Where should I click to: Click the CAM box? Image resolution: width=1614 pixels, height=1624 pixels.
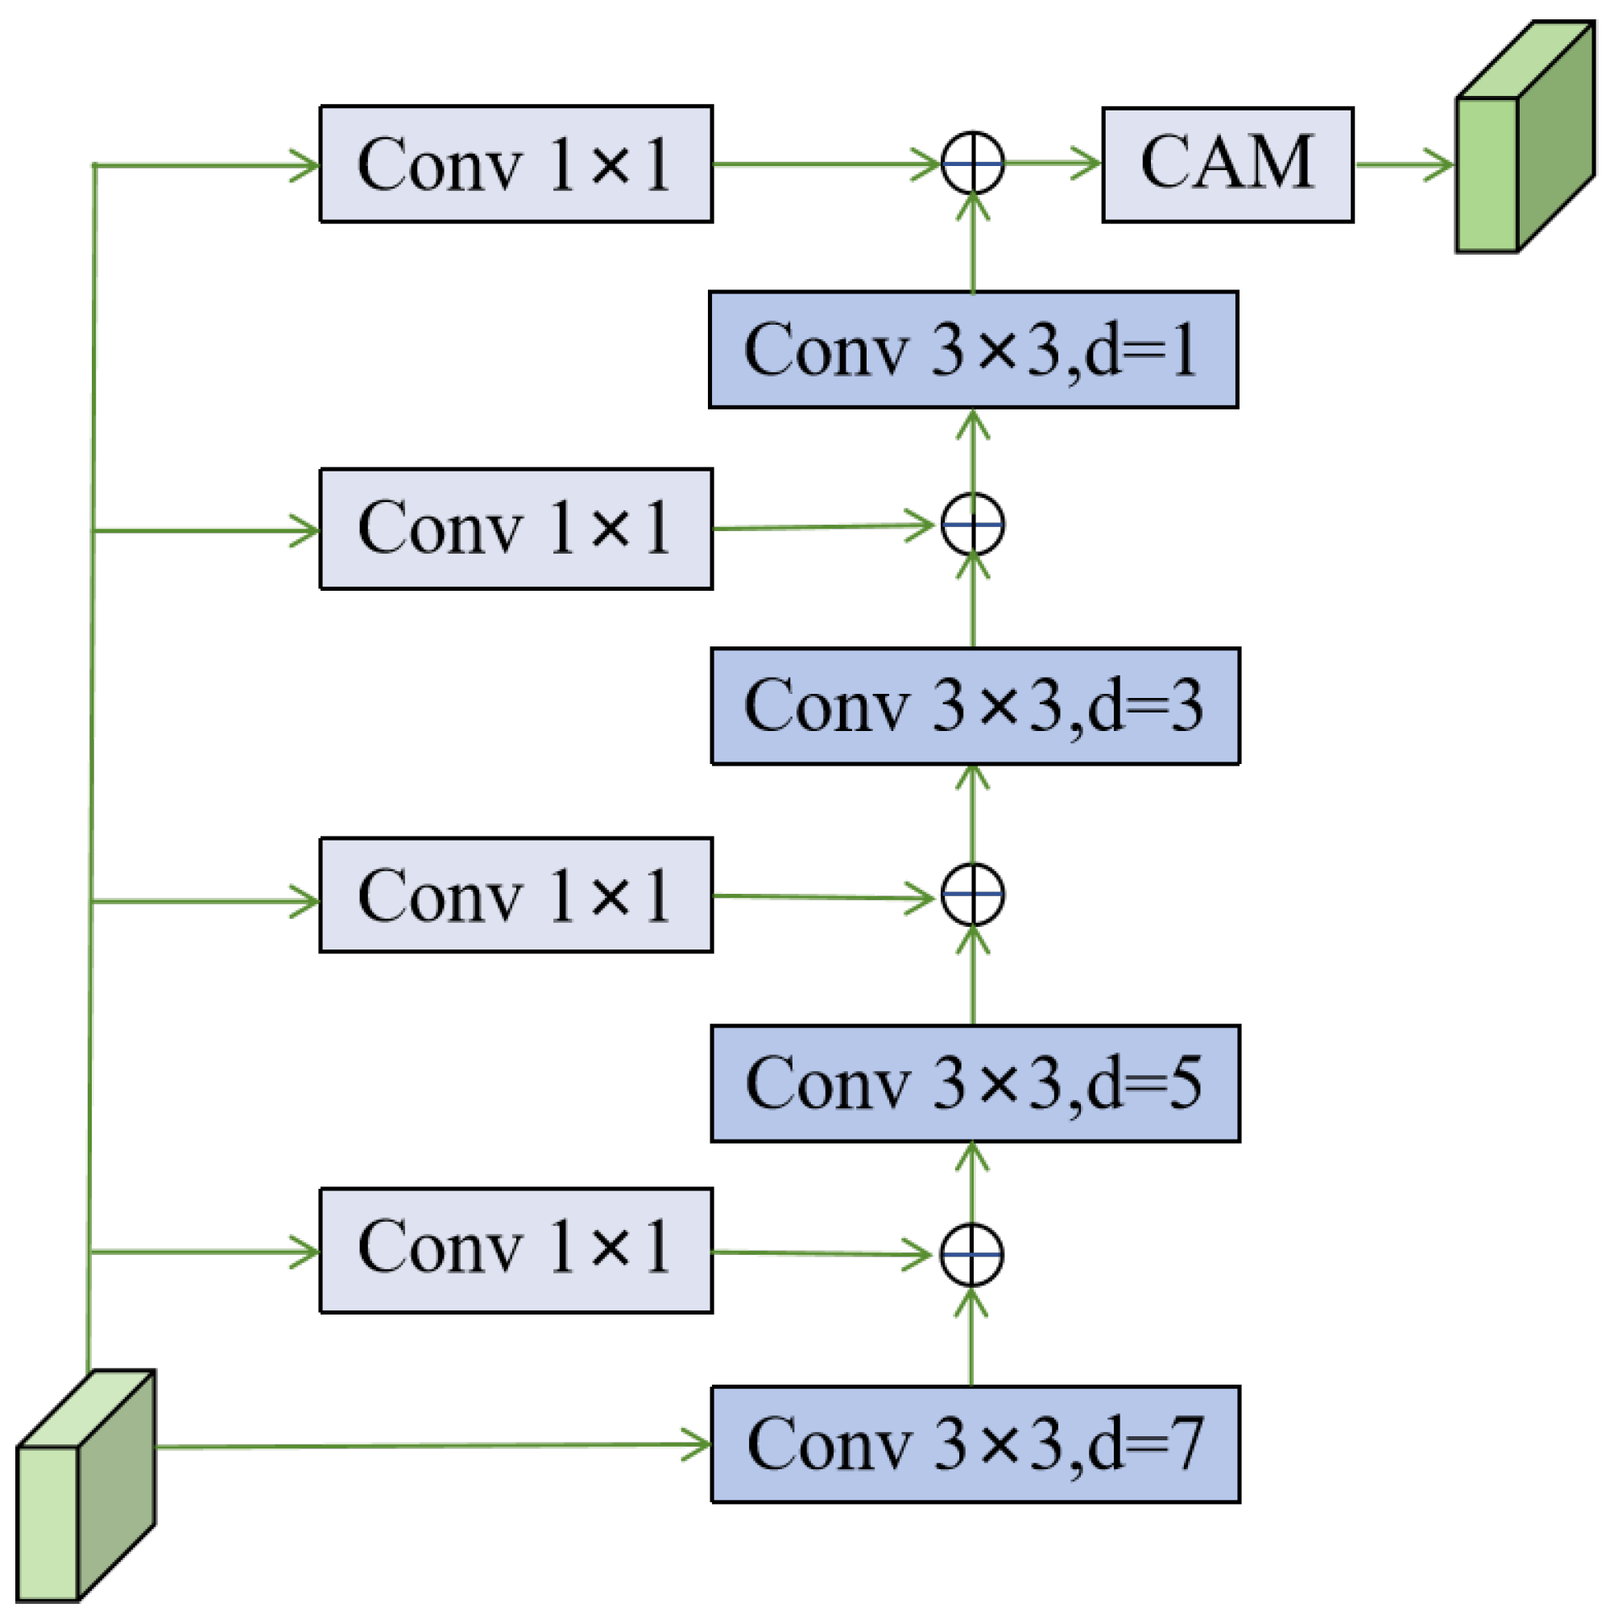click(1227, 164)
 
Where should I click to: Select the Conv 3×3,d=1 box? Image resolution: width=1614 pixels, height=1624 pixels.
click(973, 350)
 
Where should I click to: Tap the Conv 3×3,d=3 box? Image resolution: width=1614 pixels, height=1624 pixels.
click(975, 706)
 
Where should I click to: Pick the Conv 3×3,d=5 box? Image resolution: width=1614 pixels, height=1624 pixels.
click(975, 1083)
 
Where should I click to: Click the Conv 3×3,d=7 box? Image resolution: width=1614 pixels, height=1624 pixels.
click(975, 1444)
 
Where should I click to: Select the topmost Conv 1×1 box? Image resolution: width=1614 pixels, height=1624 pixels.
click(516, 164)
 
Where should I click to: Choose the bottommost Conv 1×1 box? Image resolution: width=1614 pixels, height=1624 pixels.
click(516, 1250)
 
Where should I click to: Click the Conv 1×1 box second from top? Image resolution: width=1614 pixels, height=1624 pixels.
click(516, 529)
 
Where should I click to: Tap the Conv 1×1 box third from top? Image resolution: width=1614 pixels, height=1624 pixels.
click(516, 895)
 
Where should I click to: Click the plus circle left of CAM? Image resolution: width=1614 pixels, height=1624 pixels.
click(972, 163)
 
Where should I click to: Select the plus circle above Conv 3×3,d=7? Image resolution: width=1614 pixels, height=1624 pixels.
click(971, 1255)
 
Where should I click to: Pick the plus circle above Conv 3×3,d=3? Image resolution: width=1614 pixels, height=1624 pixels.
click(972, 525)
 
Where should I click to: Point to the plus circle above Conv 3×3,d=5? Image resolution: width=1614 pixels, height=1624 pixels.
click(972, 895)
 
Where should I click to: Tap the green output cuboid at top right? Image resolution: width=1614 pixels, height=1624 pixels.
click(1525, 139)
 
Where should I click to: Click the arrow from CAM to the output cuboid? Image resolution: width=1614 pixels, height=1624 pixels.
click(1403, 164)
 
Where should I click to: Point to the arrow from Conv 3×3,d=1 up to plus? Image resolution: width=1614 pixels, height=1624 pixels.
click(973, 243)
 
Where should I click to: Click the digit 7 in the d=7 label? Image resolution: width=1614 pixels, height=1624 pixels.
click(1189, 1444)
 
